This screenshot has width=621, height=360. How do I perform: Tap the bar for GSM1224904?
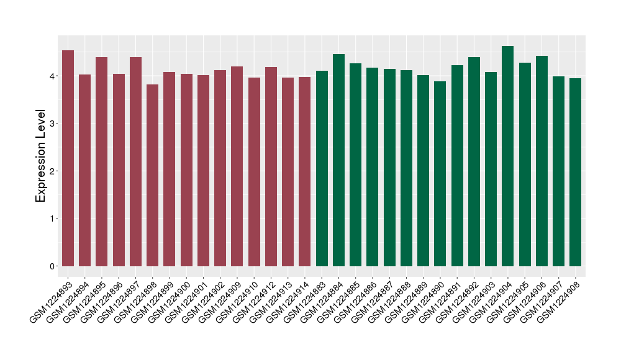click(x=508, y=156)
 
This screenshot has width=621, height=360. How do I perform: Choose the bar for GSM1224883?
click(x=322, y=168)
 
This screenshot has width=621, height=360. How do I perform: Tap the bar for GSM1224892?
click(x=474, y=161)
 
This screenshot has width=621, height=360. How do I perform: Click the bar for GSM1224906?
click(x=542, y=161)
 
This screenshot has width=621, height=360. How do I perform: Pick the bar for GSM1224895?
click(x=102, y=161)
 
